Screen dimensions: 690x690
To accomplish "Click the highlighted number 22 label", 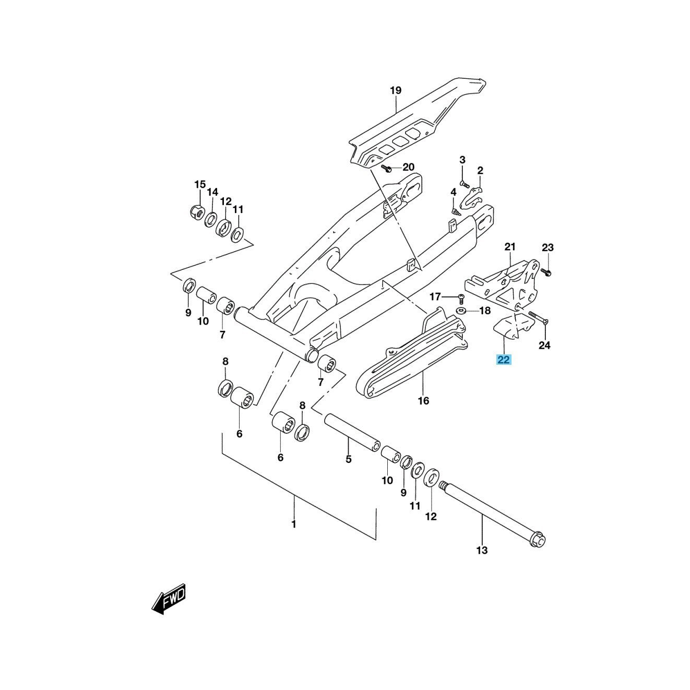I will click(x=504, y=359).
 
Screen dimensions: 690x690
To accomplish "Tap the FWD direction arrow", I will click(x=169, y=598).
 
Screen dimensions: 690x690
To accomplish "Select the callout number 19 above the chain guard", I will click(x=396, y=91).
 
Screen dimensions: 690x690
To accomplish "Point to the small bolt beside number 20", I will click(x=386, y=168).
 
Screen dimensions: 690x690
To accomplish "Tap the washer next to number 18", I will click(x=461, y=312).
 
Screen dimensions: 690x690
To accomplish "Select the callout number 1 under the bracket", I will click(x=294, y=524).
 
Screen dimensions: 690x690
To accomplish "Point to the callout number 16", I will click(x=423, y=400).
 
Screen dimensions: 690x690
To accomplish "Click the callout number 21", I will click(x=510, y=246).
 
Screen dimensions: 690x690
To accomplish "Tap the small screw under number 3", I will click(x=463, y=183).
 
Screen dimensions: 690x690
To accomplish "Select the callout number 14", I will click(x=212, y=192).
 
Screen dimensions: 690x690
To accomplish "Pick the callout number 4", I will click(x=454, y=192).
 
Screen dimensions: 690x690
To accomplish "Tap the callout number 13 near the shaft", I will click(x=482, y=550).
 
